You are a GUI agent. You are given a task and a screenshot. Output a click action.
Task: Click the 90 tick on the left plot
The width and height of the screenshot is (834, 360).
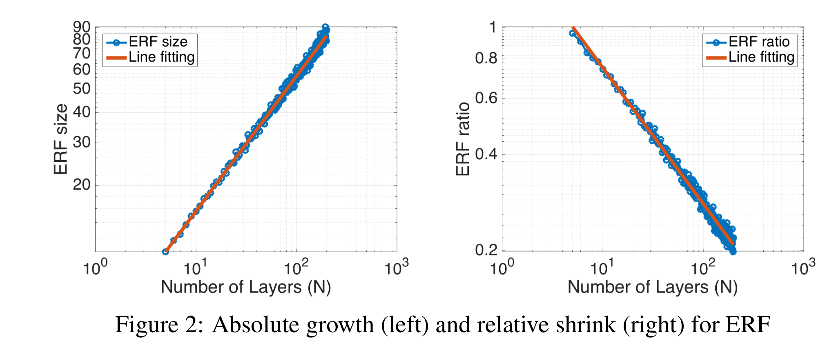81,27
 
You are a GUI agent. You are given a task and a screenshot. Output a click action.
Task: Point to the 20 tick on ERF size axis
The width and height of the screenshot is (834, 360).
81,185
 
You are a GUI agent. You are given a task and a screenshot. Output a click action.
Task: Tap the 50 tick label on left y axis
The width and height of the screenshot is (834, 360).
81,89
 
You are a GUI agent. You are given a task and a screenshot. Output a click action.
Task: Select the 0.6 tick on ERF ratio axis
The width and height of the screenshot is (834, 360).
486,98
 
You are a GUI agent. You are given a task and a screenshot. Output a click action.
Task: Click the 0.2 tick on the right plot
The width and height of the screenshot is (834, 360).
486,250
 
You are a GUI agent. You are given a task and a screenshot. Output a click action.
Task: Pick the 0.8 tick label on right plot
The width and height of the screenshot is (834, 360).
486,58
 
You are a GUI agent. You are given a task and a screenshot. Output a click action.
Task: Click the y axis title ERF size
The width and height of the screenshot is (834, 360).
60,139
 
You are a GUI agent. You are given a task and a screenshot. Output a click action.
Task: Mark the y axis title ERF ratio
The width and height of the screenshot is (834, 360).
463,139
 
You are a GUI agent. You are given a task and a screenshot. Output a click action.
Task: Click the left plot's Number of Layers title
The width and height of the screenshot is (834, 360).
245,287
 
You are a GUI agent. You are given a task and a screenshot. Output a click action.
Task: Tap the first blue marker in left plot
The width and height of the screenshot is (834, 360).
165,252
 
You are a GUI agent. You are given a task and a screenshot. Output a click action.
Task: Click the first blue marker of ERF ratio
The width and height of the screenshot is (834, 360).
572,33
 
